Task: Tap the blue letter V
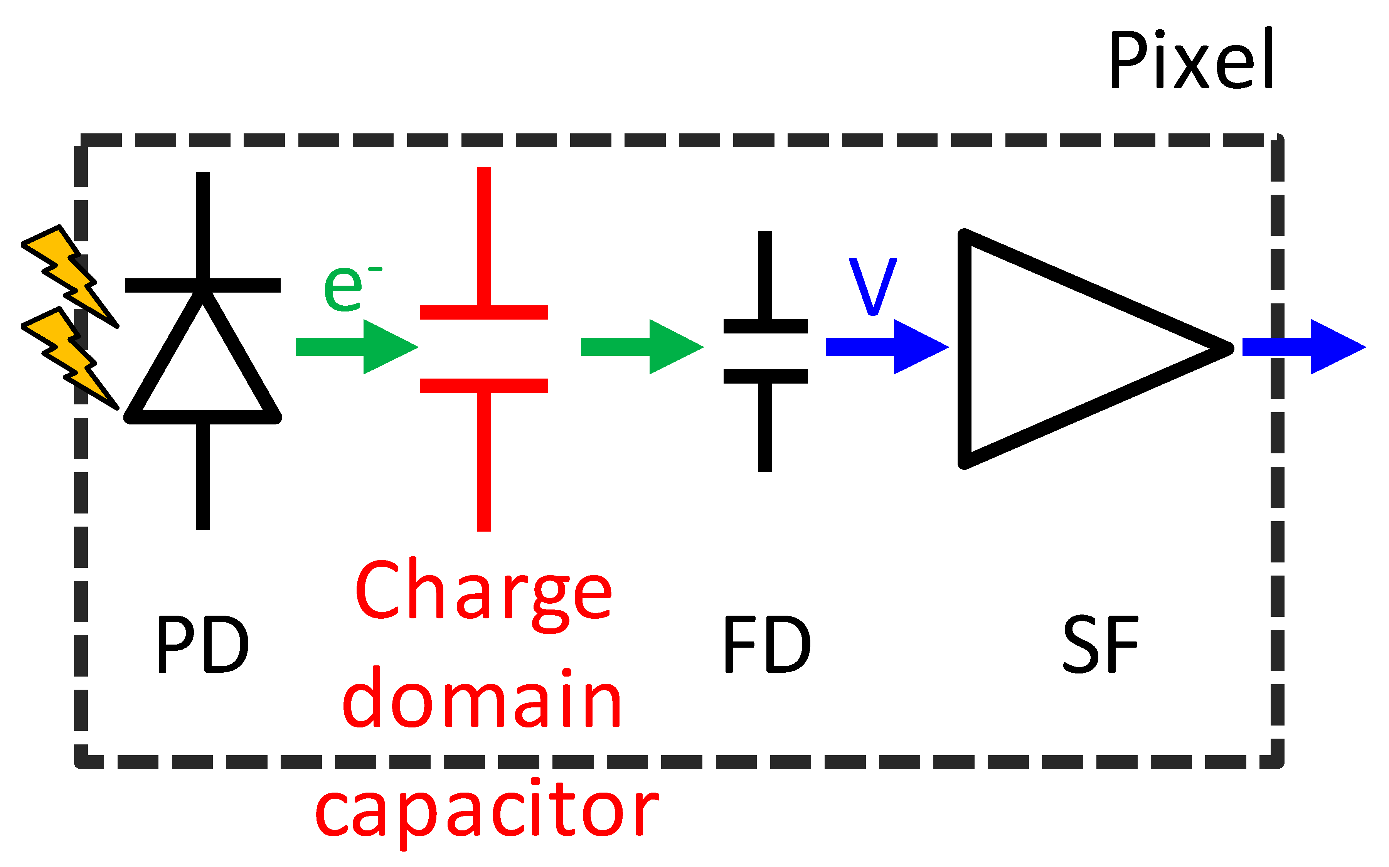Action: tap(872, 286)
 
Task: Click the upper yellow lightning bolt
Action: tap(72, 275)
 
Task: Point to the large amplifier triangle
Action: tap(1061, 348)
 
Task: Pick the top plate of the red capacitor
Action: tap(483, 313)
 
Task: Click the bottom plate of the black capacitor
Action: tap(765, 376)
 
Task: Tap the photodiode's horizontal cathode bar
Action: tap(202, 285)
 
